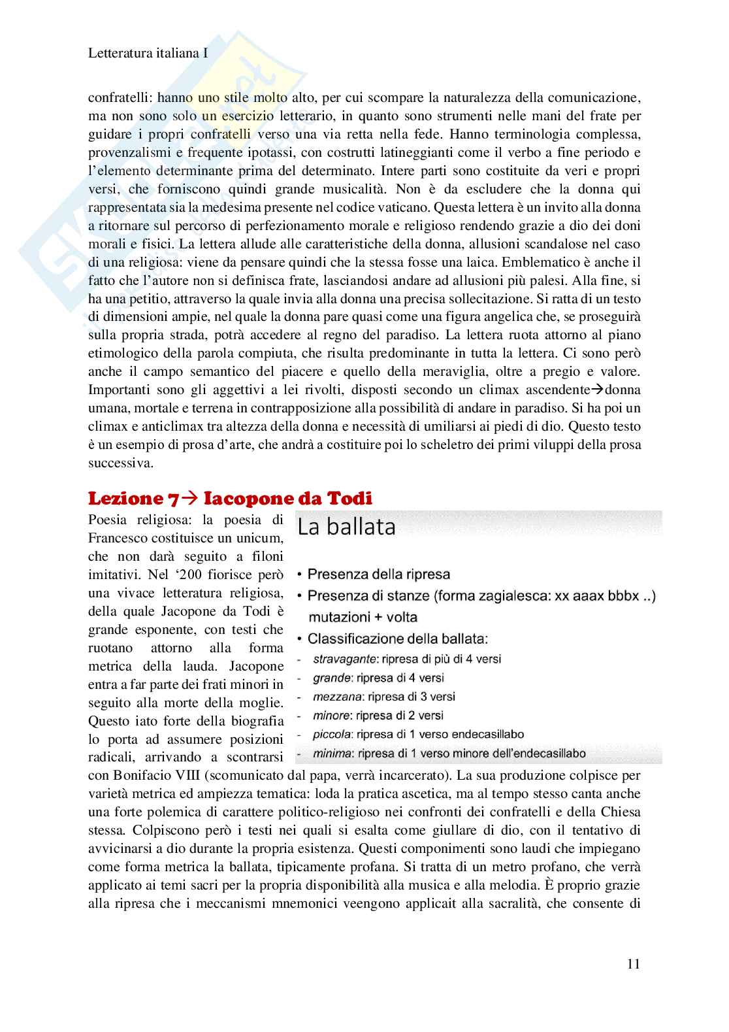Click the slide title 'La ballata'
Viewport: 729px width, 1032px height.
coord(347,527)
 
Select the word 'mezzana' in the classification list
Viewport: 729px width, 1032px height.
coord(334,697)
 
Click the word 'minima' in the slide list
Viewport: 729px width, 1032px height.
coord(331,754)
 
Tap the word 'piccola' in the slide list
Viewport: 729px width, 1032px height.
coord(332,735)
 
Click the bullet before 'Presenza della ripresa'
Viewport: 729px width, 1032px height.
coord(299,575)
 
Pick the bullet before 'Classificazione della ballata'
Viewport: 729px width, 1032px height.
coord(299,639)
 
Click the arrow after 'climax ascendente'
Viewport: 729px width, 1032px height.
coord(596,390)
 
